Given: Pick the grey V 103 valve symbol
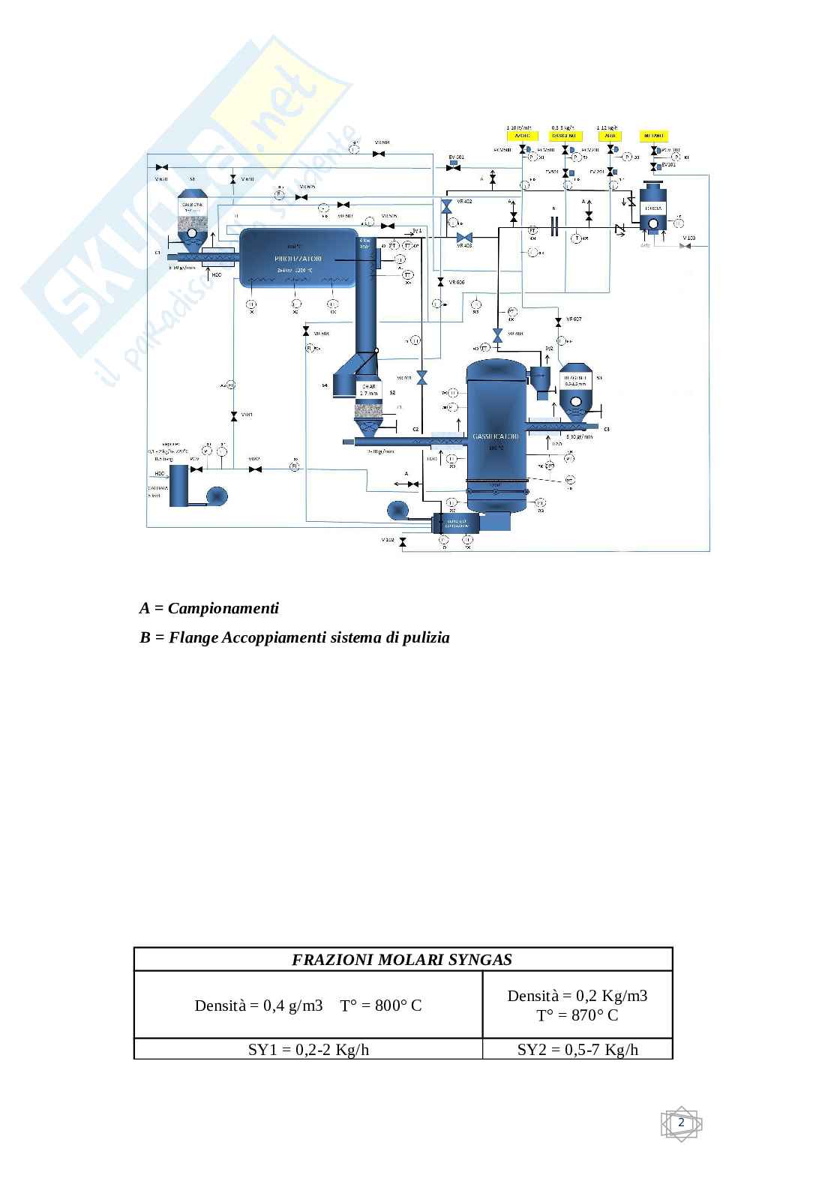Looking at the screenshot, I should point(684,246).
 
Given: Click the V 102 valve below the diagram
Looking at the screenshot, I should point(403,541).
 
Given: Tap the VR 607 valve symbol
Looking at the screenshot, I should point(558,322).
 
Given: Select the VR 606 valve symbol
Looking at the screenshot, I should point(441,283).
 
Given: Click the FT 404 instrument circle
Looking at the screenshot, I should point(533,231).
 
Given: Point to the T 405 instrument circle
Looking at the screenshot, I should point(576,238).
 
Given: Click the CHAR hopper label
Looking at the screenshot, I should point(367,390).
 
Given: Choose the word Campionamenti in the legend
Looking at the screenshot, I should point(223,608).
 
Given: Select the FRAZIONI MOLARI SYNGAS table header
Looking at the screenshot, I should point(403,960).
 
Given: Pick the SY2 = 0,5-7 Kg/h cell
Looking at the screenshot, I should point(577,1049).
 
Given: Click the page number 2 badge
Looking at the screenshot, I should point(681,1123).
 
